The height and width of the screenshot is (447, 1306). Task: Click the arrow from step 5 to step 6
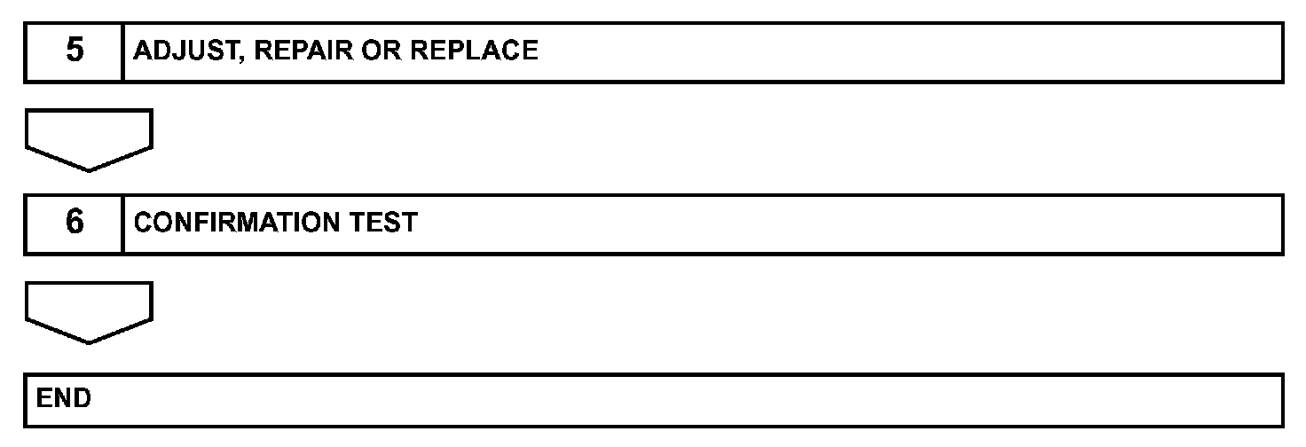click(89, 139)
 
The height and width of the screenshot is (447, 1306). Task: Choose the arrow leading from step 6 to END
click(89, 312)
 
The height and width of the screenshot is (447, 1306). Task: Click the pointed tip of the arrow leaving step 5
click(89, 169)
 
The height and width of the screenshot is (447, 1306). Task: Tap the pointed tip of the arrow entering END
click(89, 341)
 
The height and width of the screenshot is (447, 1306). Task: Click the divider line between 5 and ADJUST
click(122, 51)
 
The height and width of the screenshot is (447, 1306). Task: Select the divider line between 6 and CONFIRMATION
click(122, 223)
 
